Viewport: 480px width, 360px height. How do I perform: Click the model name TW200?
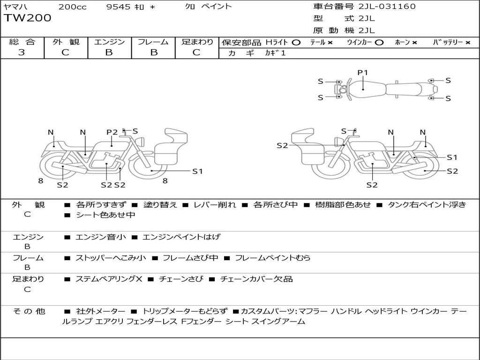[28, 18]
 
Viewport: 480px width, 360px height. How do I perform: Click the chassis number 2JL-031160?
[387, 7]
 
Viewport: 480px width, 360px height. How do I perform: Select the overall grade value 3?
[22, 52]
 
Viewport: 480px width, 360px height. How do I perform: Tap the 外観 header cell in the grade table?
[66, 42]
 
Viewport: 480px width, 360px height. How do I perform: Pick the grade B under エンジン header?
[109, 52]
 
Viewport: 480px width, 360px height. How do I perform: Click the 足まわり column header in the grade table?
[197, 42]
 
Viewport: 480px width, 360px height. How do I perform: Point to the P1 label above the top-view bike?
[363, 73]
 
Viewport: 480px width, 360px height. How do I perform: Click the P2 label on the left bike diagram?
[112, 132]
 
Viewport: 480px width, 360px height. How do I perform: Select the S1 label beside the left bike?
[197, 171]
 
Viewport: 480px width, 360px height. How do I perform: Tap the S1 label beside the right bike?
[451, 157]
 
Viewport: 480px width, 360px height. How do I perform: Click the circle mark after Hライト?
[296, 42]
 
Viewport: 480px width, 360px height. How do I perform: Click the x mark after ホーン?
[414, 42]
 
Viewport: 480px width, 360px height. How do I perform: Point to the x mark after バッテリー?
[467, 42]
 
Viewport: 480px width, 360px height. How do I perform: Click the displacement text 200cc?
[73, 7]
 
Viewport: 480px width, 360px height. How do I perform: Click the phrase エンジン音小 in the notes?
[101, 237]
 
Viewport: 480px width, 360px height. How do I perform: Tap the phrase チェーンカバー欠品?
[256, 279]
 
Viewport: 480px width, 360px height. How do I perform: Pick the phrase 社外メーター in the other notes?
[100, 311]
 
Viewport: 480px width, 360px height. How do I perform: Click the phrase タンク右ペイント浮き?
[427, 205]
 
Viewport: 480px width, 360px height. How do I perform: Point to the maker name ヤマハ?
[15, 7]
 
